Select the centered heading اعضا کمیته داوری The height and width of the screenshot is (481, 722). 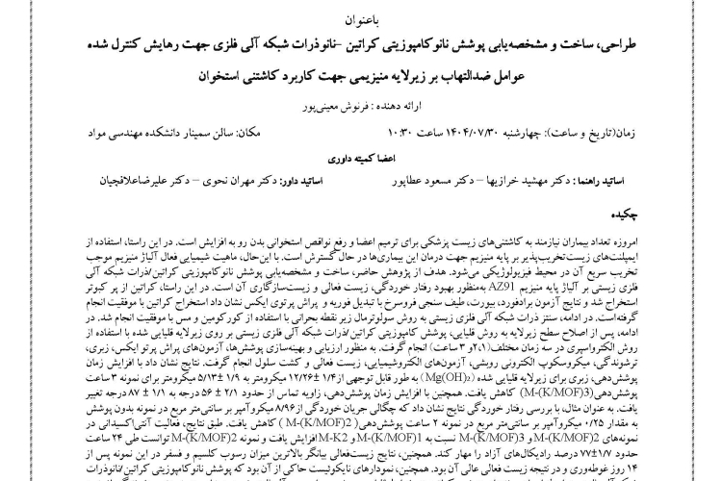pyautogui.click(x=361, y=155)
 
